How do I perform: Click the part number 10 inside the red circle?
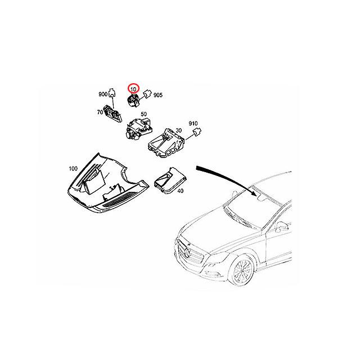point(134,89)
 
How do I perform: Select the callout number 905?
point(157,96)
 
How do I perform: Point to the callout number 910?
point(193,123)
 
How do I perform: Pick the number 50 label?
point(144,115)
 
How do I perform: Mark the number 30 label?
point(179,131)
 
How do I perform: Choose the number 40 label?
point(181,191)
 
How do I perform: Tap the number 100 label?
point(73,168)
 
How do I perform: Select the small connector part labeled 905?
point(147,94)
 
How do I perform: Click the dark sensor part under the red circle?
point(133,102)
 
